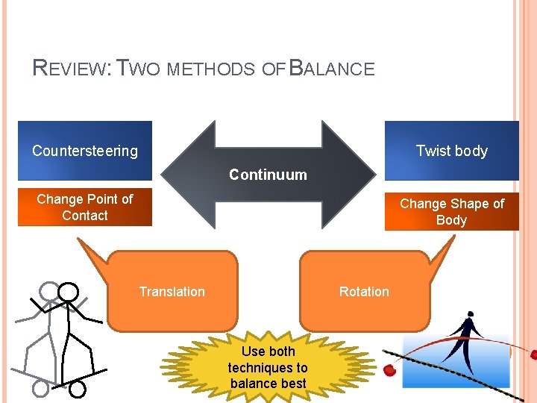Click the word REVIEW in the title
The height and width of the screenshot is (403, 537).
tap(71, 69)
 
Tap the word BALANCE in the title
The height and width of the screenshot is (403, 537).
tap(331, 69)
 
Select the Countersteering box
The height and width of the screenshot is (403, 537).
tap(85, 151)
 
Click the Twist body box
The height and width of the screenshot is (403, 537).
tap(451, 151)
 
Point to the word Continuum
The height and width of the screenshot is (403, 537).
tap(268, 175)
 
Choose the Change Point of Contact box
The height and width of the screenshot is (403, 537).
tap(85, 207)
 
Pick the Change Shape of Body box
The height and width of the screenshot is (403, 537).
tap(451, 212)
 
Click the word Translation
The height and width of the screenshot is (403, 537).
tap(172, 292)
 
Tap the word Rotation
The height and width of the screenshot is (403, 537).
tap(364, 292)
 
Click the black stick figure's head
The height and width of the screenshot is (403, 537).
tap(69, 291)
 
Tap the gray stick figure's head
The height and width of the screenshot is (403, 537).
tap(48, 290)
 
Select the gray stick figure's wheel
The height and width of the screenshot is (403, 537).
tap(41, 388)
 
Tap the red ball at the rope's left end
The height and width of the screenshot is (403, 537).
tap(389, 370)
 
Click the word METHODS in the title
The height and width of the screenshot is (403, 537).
tap(211, 70)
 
